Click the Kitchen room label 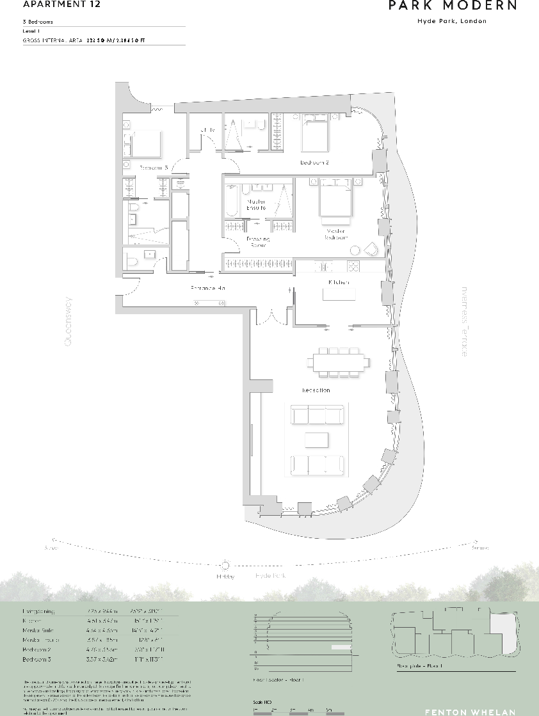tap(338, 282)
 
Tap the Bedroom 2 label tap(314, 163)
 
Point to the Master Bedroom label tap(336, 234)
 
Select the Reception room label tap(316, 390)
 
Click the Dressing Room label tap(258, 242)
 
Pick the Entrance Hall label tap(208, 289)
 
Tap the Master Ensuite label tap(256, 205)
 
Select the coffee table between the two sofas tap(317, 440)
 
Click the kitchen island tap(339, 295)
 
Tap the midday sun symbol tap(225, 566)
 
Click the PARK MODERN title tap(453, 6)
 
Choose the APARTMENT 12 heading tap(52, 4)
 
